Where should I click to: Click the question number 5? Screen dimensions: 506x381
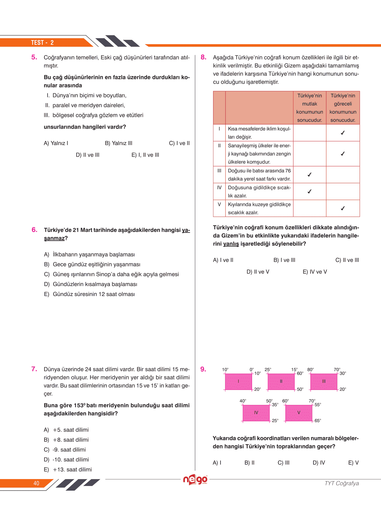coord(34,57)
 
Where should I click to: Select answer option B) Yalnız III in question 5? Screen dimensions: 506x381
coord(119,143)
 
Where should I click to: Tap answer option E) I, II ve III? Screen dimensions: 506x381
coord(145,155)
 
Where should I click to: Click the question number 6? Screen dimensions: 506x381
coord(34,230)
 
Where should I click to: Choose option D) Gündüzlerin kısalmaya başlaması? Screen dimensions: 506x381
coord(90,284)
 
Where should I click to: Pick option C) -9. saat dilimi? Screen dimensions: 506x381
coord(65,450)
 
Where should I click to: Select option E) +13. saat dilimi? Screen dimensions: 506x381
coord(68,469)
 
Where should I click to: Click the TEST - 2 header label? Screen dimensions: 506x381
coord(42,43)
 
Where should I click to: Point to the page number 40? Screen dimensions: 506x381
coord(36,483)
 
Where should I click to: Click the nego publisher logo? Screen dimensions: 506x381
coord(195,480)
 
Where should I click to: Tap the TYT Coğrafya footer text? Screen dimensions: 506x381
coord(342,483)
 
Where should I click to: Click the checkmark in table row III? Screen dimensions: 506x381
coord(309,175)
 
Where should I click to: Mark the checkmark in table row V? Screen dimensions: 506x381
coord(343,208)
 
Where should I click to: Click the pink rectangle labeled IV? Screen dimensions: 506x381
coord(256,413)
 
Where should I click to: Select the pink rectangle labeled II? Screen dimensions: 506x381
coord(281,382)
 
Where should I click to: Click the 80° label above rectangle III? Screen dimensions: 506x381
coord(310,369)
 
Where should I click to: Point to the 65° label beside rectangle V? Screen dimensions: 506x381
coord(318,420)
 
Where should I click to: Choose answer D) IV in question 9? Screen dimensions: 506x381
coord(319,463)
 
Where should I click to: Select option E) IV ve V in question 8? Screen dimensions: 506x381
coord(315,272)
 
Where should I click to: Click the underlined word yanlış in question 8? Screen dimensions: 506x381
coord(231,244)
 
